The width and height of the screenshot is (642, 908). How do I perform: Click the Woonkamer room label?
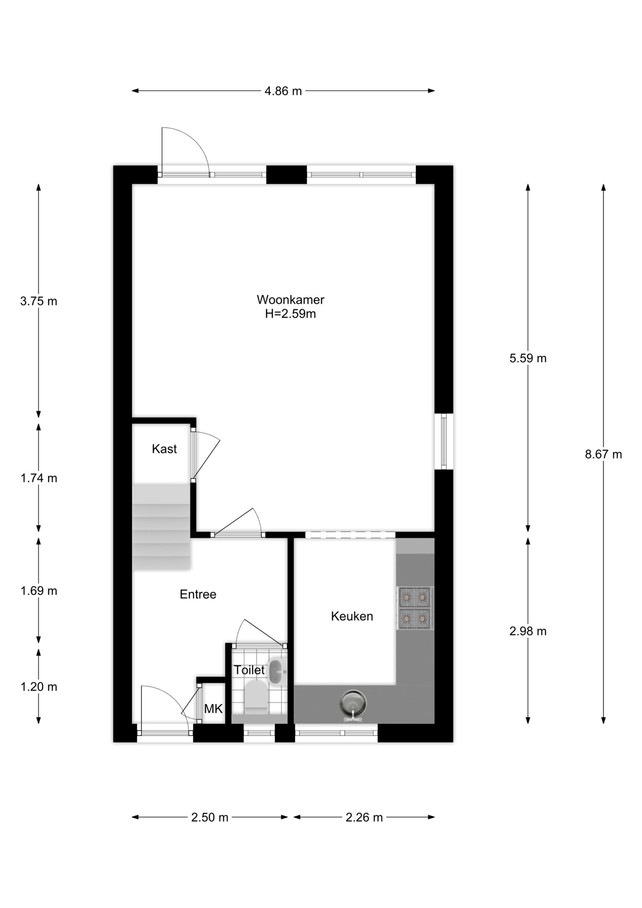(290, 300)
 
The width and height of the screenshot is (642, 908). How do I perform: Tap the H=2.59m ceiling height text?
(290, 314)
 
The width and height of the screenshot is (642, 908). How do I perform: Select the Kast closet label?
(164, 449)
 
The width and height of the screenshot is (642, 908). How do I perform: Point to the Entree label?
(198, 594)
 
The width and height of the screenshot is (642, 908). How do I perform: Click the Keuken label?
(352, 616)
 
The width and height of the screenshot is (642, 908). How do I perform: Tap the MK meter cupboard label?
(213, 709)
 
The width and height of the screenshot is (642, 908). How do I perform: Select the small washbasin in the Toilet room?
(277, 671)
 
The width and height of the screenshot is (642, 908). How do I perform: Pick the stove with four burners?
(415, 608)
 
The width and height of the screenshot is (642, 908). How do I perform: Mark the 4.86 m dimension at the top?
(283, 91)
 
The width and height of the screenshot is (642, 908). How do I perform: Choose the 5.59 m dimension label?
(528, 358)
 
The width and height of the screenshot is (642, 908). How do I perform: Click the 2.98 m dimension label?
(528, 631)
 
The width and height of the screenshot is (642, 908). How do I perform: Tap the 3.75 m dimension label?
(39, 301)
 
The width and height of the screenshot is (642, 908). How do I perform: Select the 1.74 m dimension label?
(39, 478)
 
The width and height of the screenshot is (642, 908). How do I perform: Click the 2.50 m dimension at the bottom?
(210, 818)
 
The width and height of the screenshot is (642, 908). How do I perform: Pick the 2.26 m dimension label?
(364, 818)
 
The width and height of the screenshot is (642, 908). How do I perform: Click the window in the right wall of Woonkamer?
(444, 442)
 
